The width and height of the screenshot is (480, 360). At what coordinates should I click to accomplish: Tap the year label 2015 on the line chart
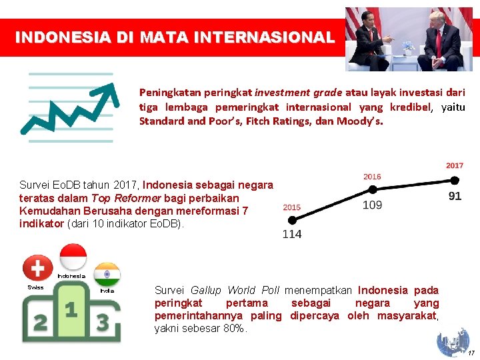point(292,207)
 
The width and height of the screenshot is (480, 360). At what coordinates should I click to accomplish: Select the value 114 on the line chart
point(292,234)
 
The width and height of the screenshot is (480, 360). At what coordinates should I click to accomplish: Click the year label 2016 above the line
point(372,177)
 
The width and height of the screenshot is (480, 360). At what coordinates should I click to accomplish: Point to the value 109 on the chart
point(372,205)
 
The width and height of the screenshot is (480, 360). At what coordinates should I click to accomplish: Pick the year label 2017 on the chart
point(455,165)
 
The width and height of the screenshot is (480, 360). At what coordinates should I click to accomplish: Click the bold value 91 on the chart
point(455,196)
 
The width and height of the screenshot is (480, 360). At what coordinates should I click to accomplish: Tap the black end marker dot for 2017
point(455,180)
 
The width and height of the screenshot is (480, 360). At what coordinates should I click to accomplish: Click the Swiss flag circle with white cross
point(38,269)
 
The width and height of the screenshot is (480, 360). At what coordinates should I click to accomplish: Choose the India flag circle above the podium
point(107,274)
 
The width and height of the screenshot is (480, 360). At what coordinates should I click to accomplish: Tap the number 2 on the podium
point(41,323)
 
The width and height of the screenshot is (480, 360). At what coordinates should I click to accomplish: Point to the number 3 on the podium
point(103,323)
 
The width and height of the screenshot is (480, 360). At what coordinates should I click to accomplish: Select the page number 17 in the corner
point(471,353)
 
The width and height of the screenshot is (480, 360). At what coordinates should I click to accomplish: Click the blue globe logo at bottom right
point(453,342)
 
